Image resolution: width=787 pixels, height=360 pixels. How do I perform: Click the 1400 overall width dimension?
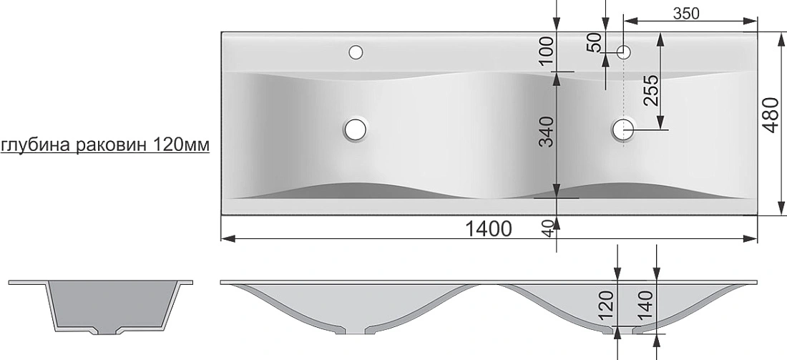pos(489,228)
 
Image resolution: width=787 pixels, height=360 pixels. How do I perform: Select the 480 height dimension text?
pos(771,114)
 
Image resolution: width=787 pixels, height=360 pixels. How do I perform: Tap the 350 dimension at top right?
pos(685,14)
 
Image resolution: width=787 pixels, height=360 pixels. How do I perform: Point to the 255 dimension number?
pos(650,90)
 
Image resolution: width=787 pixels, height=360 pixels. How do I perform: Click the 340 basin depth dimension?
pos(546,131)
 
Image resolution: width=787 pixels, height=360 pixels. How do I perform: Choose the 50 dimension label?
pos(595,43)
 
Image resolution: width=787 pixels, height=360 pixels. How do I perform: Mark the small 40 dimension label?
pos(549,228)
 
